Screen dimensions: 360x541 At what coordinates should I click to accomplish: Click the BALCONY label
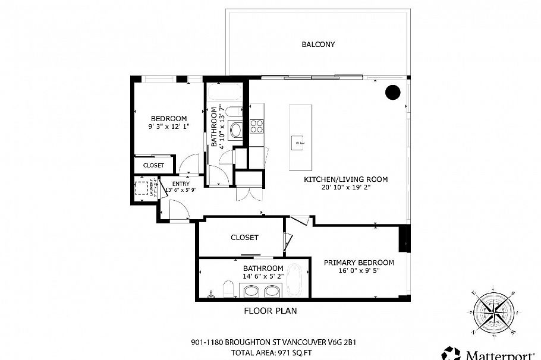(x=318, y=45)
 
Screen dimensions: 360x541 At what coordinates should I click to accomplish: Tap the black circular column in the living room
(x=392, y=92)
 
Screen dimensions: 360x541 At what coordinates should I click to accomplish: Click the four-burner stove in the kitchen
(x=257, y=126)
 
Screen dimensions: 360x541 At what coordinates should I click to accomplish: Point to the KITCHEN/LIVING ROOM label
(x=346, y=179)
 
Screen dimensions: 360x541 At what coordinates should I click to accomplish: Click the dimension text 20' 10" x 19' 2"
(x=346, y=187)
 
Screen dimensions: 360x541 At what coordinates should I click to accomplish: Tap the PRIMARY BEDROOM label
(x=358, y=263)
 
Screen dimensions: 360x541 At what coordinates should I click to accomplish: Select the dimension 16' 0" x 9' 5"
(x=358, y=271)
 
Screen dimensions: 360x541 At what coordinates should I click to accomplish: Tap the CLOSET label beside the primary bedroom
(x=244, y=238)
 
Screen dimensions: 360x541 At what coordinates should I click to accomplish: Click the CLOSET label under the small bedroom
(x=153, y=165)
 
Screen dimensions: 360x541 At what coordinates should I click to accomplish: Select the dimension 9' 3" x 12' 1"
(x=169, y=127)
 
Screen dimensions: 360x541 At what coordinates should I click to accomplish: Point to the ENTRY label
(x=181, y=184)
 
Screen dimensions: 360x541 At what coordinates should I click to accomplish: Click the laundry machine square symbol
(x=141, y=188)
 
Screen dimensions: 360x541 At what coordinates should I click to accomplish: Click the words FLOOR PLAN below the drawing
(x=270, y=311)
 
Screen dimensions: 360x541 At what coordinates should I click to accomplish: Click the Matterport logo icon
(x=451, y=354)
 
